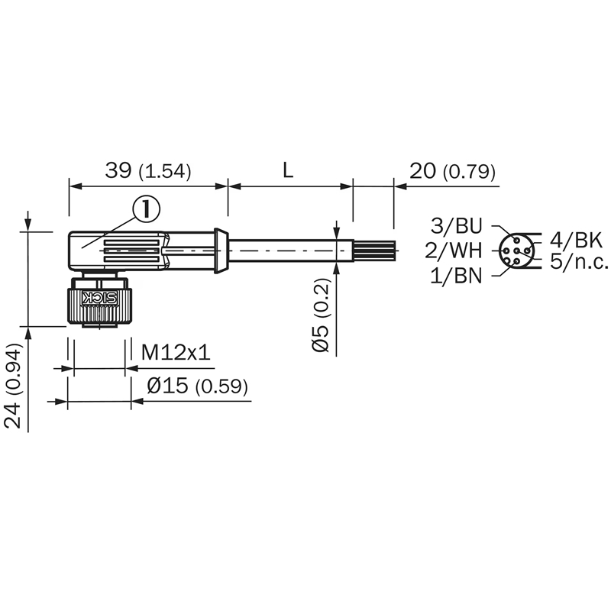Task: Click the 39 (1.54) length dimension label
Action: pyautogui.click(x=148, y=171)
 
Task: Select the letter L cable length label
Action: pyautogui.click(x=288, y=170)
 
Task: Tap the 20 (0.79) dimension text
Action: pyautogui.click(x=452, y=171)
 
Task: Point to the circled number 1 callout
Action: pyautogui.click(x=147, y=209)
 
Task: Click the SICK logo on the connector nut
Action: pyautogui.click(x=99, y=297)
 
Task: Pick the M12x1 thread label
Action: pyautogui.click(x=176, y=352)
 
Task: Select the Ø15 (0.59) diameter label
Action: pyautogui.click(x=197, y=386)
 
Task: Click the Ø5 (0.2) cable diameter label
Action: pyautogui.click(x=321, y=315)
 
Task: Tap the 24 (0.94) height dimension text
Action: pyautogui.click(x=12, y=386)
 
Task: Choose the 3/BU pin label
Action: pyautogui.click(x=457, y=226)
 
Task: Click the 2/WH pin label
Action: pyautogui.click(x=454, y=251)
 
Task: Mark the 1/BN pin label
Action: pyautogui.click(x=456, y=276)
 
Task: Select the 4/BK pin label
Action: pyautogui.click(x=577, y=241)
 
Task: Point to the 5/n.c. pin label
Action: pyautogui.click(x=580, y=261)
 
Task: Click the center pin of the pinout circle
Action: pyautogui.click(x=516, y=251)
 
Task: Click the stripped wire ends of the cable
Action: pyautogui.click(x=374, y=251)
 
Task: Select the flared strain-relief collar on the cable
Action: pyautogui.click(x=221, y=251)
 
